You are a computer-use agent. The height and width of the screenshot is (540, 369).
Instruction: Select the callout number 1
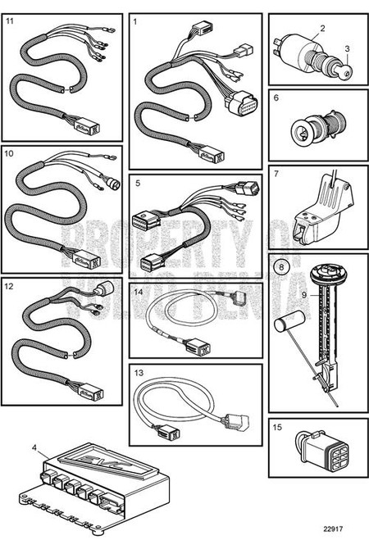pos(136,22)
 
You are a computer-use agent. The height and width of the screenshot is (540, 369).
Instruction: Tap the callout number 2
pos(322,29)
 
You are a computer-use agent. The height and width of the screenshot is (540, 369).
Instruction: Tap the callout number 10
pos(11,152)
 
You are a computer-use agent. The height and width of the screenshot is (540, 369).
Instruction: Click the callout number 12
pos(10,287)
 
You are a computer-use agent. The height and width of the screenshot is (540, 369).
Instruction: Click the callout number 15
pos(278,427)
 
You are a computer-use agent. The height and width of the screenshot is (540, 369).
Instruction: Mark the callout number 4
pos(34,447)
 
